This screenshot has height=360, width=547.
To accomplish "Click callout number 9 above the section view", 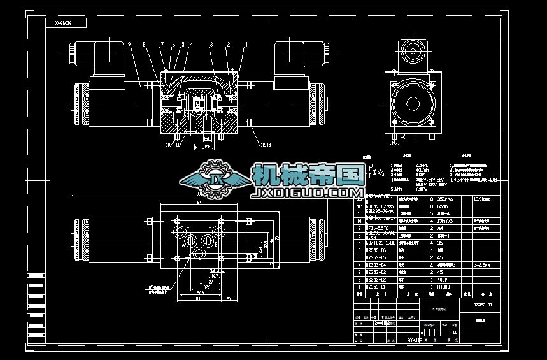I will tap(129, 44).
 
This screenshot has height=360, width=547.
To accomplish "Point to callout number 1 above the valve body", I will tap(246, 44).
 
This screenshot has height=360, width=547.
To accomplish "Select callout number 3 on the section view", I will tap(211, 44).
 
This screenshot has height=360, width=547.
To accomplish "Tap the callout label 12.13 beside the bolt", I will tap(266, 145).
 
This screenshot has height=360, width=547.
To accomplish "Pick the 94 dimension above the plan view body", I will tap(199, 203).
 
